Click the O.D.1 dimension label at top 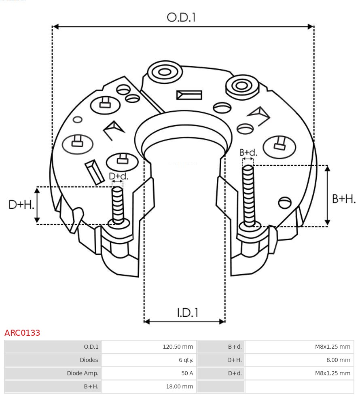tap(181, 17)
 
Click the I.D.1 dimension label tap(187, 313)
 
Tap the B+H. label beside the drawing tap(343, 199)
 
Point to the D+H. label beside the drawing tap(21, 205)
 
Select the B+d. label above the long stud tap(248, 152)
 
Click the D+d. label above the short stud tap(118, 176)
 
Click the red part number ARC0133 tap(22, 333)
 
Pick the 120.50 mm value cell tap(178, 347)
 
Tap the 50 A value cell tap(187, 373)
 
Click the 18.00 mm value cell tap(179, 387)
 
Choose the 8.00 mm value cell tap(337, 360)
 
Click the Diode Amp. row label tap(83, 373)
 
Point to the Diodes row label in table tap(89, 360)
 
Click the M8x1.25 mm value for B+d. tap(332, 347)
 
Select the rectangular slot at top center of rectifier tap(189, 95)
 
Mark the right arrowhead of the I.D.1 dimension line tap(222, 322)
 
